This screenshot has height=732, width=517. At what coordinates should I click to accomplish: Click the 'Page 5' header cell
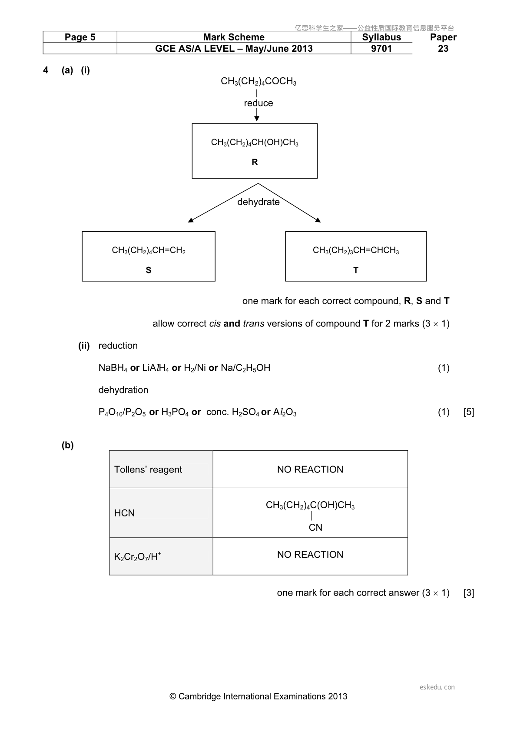[x=80, y=37]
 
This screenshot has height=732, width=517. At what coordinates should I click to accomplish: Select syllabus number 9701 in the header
[x=381, y=48]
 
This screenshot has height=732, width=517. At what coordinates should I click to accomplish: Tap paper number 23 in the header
[x=443, y=48]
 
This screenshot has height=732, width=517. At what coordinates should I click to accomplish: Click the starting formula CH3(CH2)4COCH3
[x=258, y=81]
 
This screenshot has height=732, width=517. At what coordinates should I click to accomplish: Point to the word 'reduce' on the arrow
[x=258, y=103]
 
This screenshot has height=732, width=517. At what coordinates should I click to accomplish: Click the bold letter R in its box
[x=255, y=162]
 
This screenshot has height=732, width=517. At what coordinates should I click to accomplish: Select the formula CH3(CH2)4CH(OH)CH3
[x=255, y=143]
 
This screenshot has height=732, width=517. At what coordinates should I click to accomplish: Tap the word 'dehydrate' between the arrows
[x=258, y=202]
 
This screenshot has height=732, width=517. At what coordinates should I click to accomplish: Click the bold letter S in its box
[x=149, y=270]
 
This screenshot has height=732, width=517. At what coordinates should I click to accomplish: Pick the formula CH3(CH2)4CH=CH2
[x=149, y=250]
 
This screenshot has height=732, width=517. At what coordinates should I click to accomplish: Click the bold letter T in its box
[x=356, y=270]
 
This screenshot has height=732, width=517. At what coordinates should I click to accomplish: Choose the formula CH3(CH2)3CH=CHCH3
[x=356, y=250]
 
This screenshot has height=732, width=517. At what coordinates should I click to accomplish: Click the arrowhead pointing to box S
[x=191, y=220]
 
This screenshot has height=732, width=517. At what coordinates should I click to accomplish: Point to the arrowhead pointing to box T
[x=318, y=220]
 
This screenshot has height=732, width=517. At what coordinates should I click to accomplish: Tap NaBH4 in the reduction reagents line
[x=113, y=368]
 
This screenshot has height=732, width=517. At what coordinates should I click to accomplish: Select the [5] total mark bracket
[x=469, y=412]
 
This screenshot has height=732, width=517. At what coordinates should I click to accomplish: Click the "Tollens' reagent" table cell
[x=161, y=469]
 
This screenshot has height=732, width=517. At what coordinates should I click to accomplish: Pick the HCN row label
[x=124, y=513]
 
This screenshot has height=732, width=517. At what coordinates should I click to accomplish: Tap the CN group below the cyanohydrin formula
[x=315, y=527]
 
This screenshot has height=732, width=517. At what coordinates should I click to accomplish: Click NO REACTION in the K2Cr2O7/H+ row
[x=310, y=555]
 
